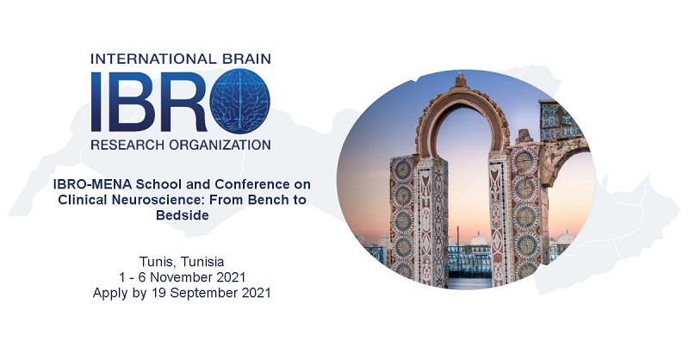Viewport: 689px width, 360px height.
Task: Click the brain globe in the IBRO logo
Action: coord(239,101)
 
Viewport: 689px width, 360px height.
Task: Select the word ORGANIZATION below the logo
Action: coord(218,144)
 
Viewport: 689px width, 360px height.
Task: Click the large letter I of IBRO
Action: coord(97,102)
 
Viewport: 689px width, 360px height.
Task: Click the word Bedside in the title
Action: coord(183,215)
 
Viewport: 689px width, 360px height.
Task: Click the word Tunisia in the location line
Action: coord(202,262)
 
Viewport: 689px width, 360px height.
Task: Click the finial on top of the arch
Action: coord(461,80)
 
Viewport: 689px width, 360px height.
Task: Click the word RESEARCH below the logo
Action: coord(125,144)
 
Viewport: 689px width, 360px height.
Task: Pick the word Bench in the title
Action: coord(265,200)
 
